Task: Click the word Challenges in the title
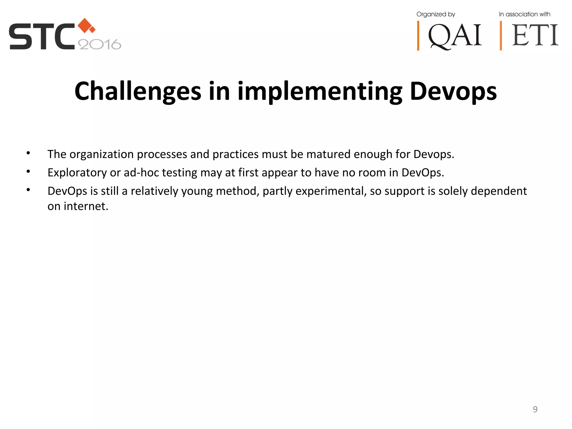tap(138, 91)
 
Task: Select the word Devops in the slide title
tap(453, 91)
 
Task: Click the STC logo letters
tap(42, 37)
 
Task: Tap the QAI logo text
tap(455, 36)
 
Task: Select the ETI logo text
tap(535, 35)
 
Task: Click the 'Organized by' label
tap(436, 14)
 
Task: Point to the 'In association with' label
tap(525, 14)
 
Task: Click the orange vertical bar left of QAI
tap(418, 36)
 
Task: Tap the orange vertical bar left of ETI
tap(501, 36)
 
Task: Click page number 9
tap(535, 409)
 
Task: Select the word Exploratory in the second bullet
tap(77, 173)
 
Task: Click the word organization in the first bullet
tap(102, 154)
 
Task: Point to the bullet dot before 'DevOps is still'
tap(28, 190)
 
